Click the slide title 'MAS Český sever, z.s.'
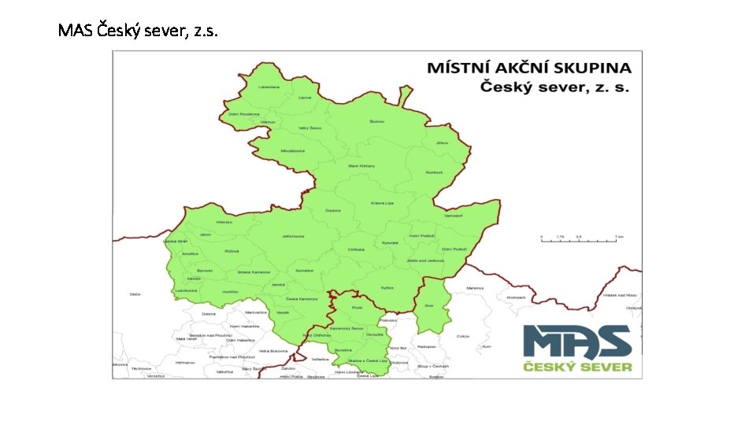tap(138, 31)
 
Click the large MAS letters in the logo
tap(577, 342)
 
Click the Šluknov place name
tap(376, 122)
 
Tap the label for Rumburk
tap(435, 172)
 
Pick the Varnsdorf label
tap(455, 215)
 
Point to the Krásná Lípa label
tap(382, 203)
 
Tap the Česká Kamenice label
tap(301, 298)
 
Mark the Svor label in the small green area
tap(429, 305)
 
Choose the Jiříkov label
tap(441, 142)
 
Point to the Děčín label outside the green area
tap(135, 294)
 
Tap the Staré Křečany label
tap(361, 166)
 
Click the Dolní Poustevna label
tap(244, 113)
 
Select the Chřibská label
tap(354, 249)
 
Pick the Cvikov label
tap(462, 335)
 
